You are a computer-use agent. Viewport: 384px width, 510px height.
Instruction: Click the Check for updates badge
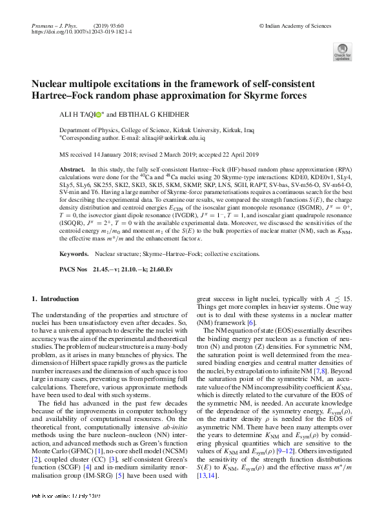coord(341,51)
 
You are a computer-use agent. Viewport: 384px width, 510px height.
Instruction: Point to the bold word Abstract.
coord(72,168)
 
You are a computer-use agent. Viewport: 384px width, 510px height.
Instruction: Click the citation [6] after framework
coord(252,322)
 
